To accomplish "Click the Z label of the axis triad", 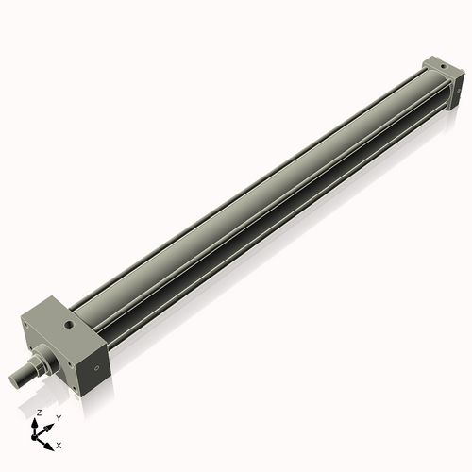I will tap(39, 413).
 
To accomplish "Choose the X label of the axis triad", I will tap(59, 444).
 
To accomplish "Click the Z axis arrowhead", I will tap(38, 422).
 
